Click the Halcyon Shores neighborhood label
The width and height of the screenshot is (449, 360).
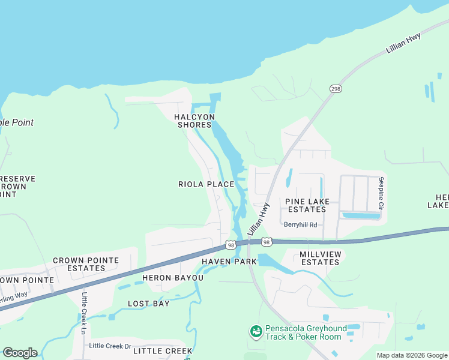[x=194, y=121]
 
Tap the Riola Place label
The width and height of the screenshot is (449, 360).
[x=206, y=184]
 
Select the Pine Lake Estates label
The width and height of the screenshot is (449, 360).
[x=306, y=205]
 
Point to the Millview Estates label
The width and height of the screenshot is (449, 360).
[x=320, y=258]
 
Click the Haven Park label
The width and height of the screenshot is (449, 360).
[x=229, y=262]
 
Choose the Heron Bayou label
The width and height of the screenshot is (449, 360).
[x=173, y=278]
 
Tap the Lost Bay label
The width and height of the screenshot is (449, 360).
[x=149, y=304]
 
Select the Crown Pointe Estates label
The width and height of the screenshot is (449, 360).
[x=86, y=264]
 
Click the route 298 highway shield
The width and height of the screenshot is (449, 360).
[x=335, y=88]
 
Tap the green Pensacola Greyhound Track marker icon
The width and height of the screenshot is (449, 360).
[x=256, y=331]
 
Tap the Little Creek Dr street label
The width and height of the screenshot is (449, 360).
[x=110, y=346]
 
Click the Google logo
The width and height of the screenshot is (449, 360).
[x=20, y=353]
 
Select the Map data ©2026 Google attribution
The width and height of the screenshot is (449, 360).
[x=412, y=355]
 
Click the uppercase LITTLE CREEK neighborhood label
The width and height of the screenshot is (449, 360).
[x=163, y=351]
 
